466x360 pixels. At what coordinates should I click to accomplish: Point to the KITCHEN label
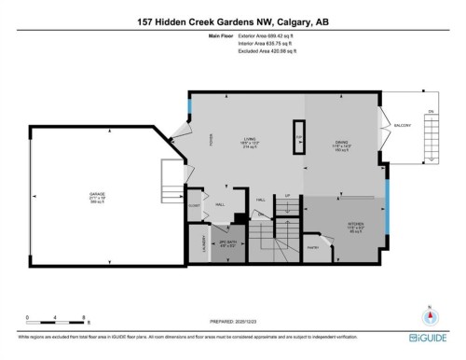pos(329,224)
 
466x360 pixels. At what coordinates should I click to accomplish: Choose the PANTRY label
pos(313,247)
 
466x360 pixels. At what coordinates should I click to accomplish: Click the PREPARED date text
pos(233,317)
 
